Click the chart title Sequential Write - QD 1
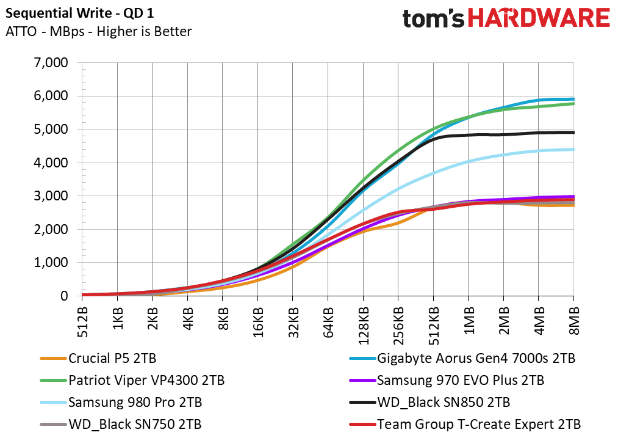pyautogui.click(x=80, y=13)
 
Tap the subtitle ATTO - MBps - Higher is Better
pyautogui.click(x=99, y=32)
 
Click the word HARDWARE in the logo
pyautogui.click(x=539, y=18)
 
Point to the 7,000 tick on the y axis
pyautogui.click(x=51, y=63)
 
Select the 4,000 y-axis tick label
pyautogui.click(x=51, y=163)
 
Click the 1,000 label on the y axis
pyautogui.click(x=51, y=263)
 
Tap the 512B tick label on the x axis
pyautogui.click(x=82, y=322)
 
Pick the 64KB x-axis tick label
pyautogui.click(x=328, y=322)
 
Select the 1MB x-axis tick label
pyautogui.click(x=469, y=320)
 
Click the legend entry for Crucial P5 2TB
pyautogui.click(x=98, y=359)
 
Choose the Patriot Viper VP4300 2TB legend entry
pyautogui.click(x=132, y=381)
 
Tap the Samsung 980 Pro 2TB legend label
pyautogui.click(x=121, y=402)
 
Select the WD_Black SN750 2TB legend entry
pyautogui.click(x=121, y=425)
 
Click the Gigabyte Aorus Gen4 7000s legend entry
pyautogui.click(x=462, y=359)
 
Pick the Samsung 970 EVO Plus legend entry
pyautogui.click(x=447, y=381)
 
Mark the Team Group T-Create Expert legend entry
pyautogui.click(x=465, y=425)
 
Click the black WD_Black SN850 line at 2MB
pyautogui.click(x=503, y=134)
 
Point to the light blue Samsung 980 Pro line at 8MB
pyautogui.click(x=573, y=149)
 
